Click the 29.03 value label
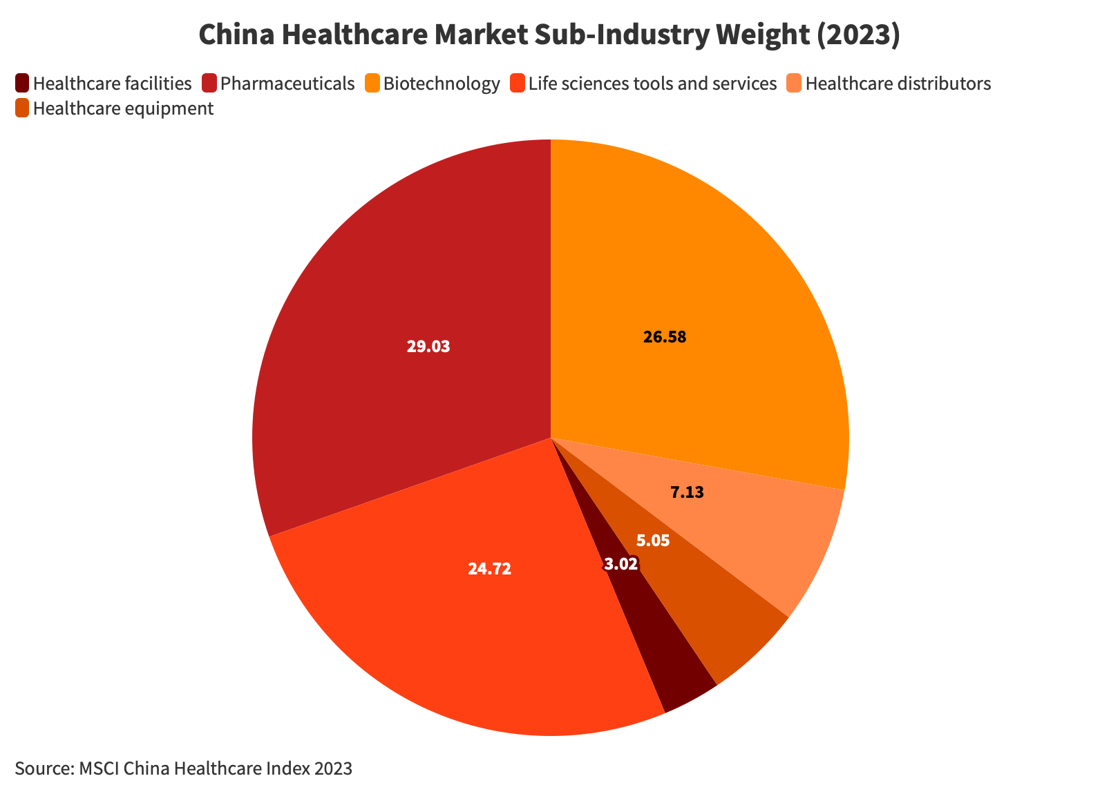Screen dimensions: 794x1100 pos(428,347)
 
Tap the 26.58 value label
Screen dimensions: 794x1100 pos(665,338)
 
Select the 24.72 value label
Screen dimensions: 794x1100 pos(489,570)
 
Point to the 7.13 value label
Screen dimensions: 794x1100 pos(687,493)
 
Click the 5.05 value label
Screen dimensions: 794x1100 pos(653,541)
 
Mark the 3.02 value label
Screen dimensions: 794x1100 pos(620,565)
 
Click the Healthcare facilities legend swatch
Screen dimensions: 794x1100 pos(22,84)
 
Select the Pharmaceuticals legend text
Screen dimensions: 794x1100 pos(287,84)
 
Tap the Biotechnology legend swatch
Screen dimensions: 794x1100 pos(372,84)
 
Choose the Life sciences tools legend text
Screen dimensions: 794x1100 pos(652,84)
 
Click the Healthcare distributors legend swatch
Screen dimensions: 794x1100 pos(795,84)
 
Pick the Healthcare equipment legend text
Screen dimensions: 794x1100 pos(123,108)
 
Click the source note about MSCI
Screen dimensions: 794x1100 pos(184,768)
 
